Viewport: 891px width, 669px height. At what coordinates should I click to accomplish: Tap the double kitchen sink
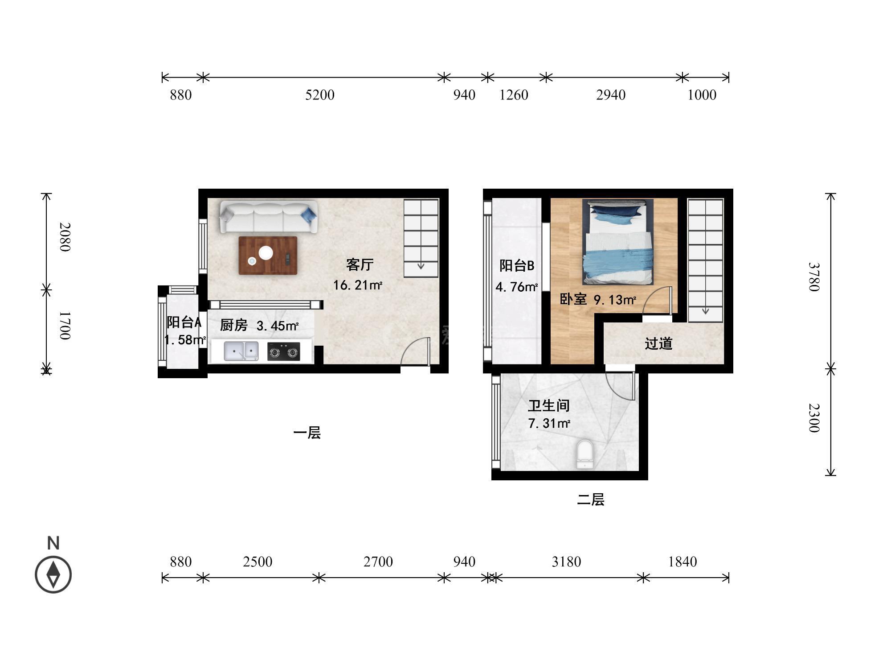[x=241, y=351]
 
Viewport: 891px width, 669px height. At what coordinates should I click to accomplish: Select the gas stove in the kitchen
[x=284, y=351]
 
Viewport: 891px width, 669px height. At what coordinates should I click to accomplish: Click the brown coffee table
[x=268, y=256]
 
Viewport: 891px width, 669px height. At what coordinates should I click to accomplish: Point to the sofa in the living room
[x=269, y=217]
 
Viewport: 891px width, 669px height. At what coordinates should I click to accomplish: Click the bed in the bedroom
[x=617, y=242]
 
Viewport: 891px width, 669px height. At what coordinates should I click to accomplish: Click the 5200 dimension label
[x=320, y=95]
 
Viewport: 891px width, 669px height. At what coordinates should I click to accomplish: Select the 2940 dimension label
[x=611, y=95]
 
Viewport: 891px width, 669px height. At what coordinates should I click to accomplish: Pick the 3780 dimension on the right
[x=814, y=277]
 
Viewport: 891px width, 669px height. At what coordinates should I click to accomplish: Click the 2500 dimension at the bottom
[x=257, y=562]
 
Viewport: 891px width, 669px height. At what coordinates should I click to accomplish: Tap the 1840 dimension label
[x=682, y=562]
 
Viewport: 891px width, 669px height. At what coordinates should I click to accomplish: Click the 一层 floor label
[x=307, y=433]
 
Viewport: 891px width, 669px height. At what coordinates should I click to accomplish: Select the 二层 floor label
[x=591, y=500]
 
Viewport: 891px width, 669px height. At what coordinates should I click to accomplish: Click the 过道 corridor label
[x=658, y=343]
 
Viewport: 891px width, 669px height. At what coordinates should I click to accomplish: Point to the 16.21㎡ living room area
[x=358, y=285]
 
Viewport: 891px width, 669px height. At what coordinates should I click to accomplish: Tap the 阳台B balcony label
[x=517, y=266]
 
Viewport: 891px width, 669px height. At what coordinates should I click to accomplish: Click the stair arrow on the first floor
[x=421, y=267]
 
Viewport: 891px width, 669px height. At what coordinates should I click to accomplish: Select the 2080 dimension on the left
[x=65, y=237]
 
